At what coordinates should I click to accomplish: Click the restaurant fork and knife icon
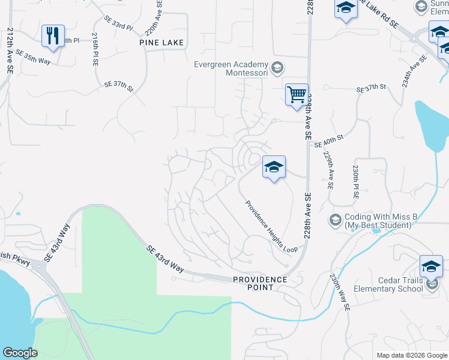click(x=53, y=35)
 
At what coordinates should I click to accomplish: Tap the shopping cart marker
click(x=297, y=95)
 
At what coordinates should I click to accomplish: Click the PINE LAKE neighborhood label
click(x=161, y=43)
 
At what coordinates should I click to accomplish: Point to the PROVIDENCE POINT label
click(x=261, y=283)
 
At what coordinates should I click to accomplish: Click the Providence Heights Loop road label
click(x=271, y=226)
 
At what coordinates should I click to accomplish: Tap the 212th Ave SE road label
click(x=10, y=51)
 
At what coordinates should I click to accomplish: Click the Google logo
click(x=20, y=353)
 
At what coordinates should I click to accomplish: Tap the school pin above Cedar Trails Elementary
click(x=431, y=265)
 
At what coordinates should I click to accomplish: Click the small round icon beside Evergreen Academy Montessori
click(x=277, y=67)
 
